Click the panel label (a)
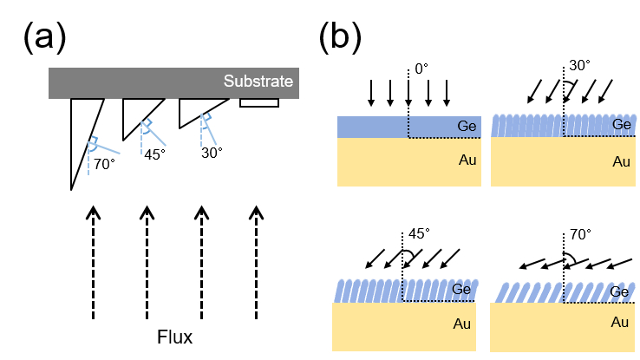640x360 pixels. pyautogui.click(x=43, y=39)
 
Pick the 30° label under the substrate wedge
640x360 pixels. pyautogui.click(x=210, y=152)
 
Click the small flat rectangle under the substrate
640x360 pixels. pyautogui.click(x=258, y=103)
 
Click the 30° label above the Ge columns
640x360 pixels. pyautogui.click(x=578, y=67)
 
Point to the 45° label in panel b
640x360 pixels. pyautogui.click(x=419, y=234)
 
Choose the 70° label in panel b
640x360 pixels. pyautogui.click(x=578, y=234)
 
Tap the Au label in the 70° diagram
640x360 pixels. pyautogui.click(x=620, y=323)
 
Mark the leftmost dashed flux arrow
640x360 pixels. pyautogui.click(x=92, y=260)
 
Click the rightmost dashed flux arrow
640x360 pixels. pyautogui.click(x=256, y=260)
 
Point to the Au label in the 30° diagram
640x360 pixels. pyautogui.click(x=620, y=161)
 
